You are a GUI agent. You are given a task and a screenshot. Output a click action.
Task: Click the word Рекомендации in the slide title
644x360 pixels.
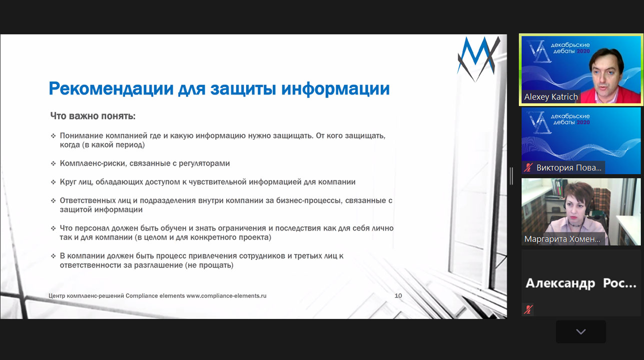(x=111, y=88)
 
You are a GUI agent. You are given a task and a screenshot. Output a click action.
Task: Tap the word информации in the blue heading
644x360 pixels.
(x=335, y=88)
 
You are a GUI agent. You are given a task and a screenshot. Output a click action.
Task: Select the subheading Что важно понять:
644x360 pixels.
(x=93, y=116)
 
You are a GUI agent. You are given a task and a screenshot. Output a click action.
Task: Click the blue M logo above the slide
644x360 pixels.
(x=478, y=58)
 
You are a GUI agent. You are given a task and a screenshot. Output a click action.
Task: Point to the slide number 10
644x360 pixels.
(x=398, y=295)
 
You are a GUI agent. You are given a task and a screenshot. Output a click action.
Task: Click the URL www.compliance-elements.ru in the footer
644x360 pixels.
(x=227, y=295)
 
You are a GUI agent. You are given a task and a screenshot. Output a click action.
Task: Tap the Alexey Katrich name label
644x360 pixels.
(x=551, y=97)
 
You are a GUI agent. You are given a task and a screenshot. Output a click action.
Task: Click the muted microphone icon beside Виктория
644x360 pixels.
(x=528, y=167)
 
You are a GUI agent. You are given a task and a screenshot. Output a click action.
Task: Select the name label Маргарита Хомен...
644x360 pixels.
(x=562, y=239)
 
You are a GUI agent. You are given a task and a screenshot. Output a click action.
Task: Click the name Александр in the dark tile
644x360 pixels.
(x=560, y=283)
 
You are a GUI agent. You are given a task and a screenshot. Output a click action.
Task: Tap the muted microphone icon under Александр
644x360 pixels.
(x=528, y=309)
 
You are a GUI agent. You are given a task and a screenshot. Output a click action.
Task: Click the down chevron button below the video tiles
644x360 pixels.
(x=581, y=332)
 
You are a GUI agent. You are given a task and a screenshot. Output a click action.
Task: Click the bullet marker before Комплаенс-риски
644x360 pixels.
(x=53, y=163)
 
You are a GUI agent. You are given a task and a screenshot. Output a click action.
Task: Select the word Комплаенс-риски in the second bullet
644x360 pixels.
(x=93, y=163)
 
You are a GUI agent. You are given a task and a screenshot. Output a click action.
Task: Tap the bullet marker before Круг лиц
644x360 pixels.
(x=53, y=182)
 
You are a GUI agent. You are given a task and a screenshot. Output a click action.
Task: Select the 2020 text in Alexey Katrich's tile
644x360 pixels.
(x=583, y=51)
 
